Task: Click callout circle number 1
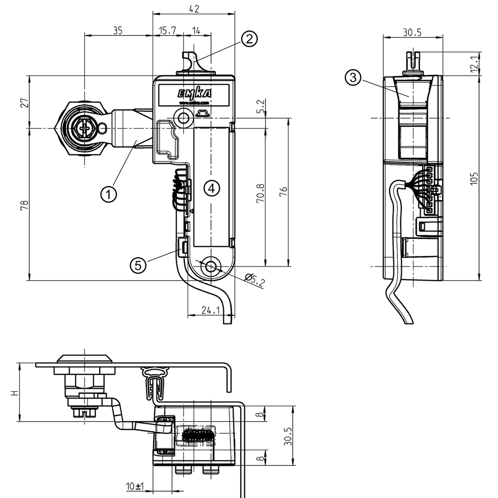point(108,194)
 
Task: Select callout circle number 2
point(249,39)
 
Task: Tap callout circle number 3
point(353,77)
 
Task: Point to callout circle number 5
point(138,265)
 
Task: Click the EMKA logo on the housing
point(194,93)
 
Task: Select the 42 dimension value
point(194,8)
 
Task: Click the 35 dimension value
point(118,31)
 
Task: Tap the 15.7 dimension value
point(167,31)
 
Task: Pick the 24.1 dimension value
point(211,309)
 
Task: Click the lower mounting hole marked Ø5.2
point(211,266)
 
